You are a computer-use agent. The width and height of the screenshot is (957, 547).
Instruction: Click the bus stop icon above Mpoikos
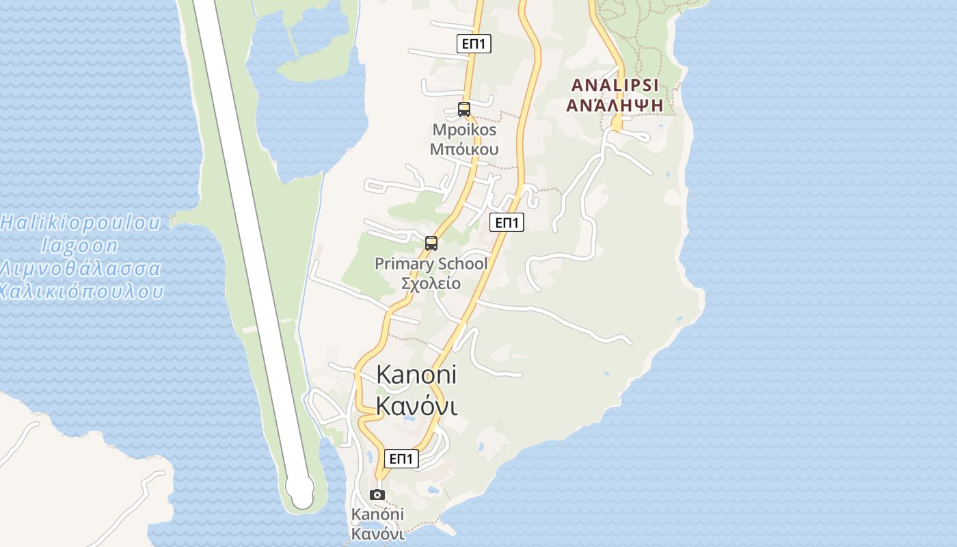pos(464,109)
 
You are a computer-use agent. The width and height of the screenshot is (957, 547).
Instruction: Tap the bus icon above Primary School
pos(431,243)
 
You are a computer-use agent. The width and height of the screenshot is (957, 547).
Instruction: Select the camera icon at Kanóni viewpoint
pos(377,494)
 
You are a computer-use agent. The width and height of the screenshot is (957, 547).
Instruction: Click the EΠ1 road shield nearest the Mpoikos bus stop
pos(474,44)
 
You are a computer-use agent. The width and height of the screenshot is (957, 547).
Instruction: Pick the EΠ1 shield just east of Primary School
pos(507,222)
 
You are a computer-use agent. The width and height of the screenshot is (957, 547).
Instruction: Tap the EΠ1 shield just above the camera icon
pos(401,458)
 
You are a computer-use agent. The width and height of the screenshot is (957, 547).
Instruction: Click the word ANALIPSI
pos(615,85)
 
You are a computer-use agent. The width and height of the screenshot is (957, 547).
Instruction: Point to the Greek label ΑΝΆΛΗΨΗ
pos(615,105)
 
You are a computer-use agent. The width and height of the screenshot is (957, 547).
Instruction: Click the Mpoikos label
pos(464,130)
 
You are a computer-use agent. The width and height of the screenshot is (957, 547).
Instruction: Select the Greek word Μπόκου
pos(464,149)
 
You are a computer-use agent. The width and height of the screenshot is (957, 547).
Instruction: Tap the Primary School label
pos(431,264)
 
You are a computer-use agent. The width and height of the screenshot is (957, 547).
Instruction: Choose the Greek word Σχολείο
pos(431,283)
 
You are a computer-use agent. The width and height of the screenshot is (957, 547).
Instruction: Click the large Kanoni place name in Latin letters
pos(416,375)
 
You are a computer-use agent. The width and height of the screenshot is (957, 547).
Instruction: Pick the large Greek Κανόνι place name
pos(416,406)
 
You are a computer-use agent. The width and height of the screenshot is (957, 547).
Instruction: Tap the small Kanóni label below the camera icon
pos(377,514)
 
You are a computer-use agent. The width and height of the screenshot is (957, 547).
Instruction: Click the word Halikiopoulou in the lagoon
pos(81,223)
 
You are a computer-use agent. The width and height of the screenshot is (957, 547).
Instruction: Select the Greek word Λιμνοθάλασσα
pos(81,269)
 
